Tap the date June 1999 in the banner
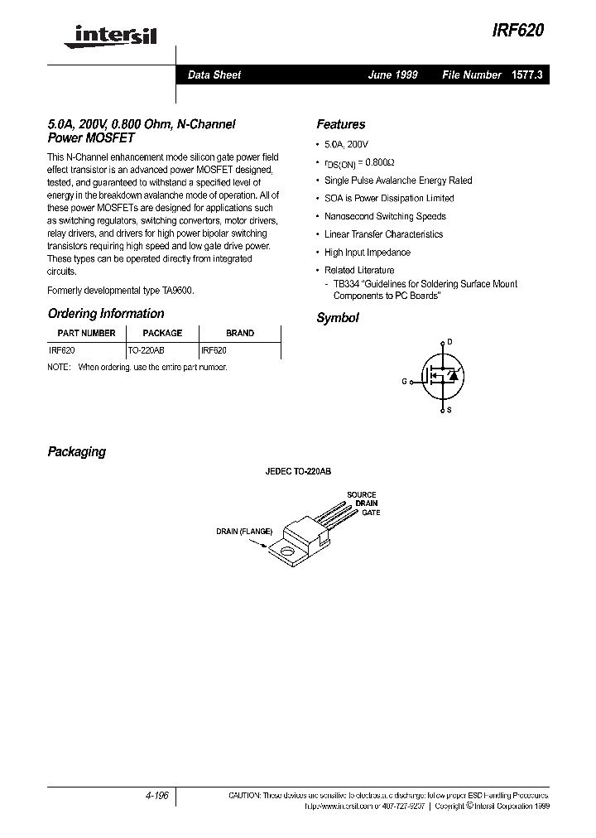[392, 75]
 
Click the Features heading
[340, 125]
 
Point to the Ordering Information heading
[106, 314]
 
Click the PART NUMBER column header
[86, 333]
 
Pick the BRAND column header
[240, 333]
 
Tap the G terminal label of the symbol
[405, 382]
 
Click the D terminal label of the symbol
[449, 341]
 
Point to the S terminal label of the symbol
[449, 411]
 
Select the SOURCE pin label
[362, 495]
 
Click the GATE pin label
[371, 513]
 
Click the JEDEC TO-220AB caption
[298, 471]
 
